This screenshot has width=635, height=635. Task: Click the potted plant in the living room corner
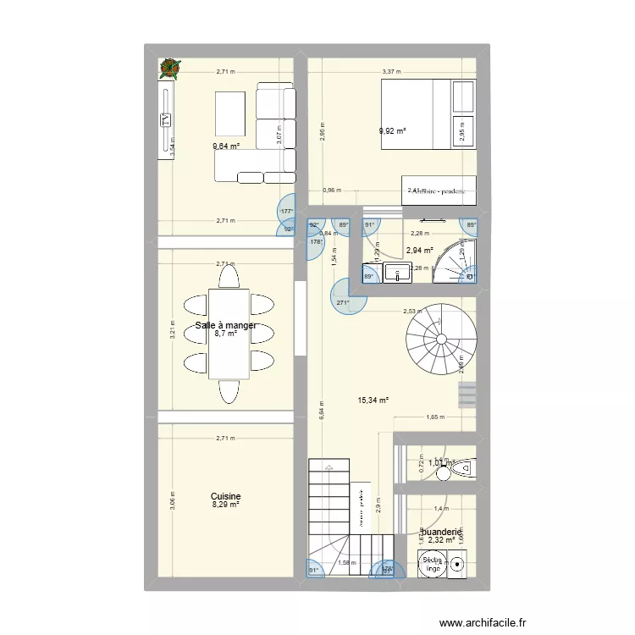[x=171, y=69]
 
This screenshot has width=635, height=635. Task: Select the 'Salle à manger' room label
[x=226, y=325]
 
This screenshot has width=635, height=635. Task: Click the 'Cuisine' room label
[x=226, y=497]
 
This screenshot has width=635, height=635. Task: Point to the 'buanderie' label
[x=444, y=532]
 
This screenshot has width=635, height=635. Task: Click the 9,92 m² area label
[x=393, y=131]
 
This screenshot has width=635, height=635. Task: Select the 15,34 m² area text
[x=373, y=400]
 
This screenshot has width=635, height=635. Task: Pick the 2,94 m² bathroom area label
[x=419, y=251]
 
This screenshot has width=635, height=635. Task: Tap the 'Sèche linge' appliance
[x=431, y=563]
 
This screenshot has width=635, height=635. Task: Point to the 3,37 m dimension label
[x=391, y=73]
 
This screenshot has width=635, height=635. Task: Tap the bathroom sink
[x=395, y=272]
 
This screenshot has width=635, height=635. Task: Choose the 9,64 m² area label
[x=226, y=146]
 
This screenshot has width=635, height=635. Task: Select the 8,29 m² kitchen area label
[x=226, y=505]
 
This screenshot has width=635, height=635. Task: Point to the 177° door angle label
[x=287, y=212]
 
